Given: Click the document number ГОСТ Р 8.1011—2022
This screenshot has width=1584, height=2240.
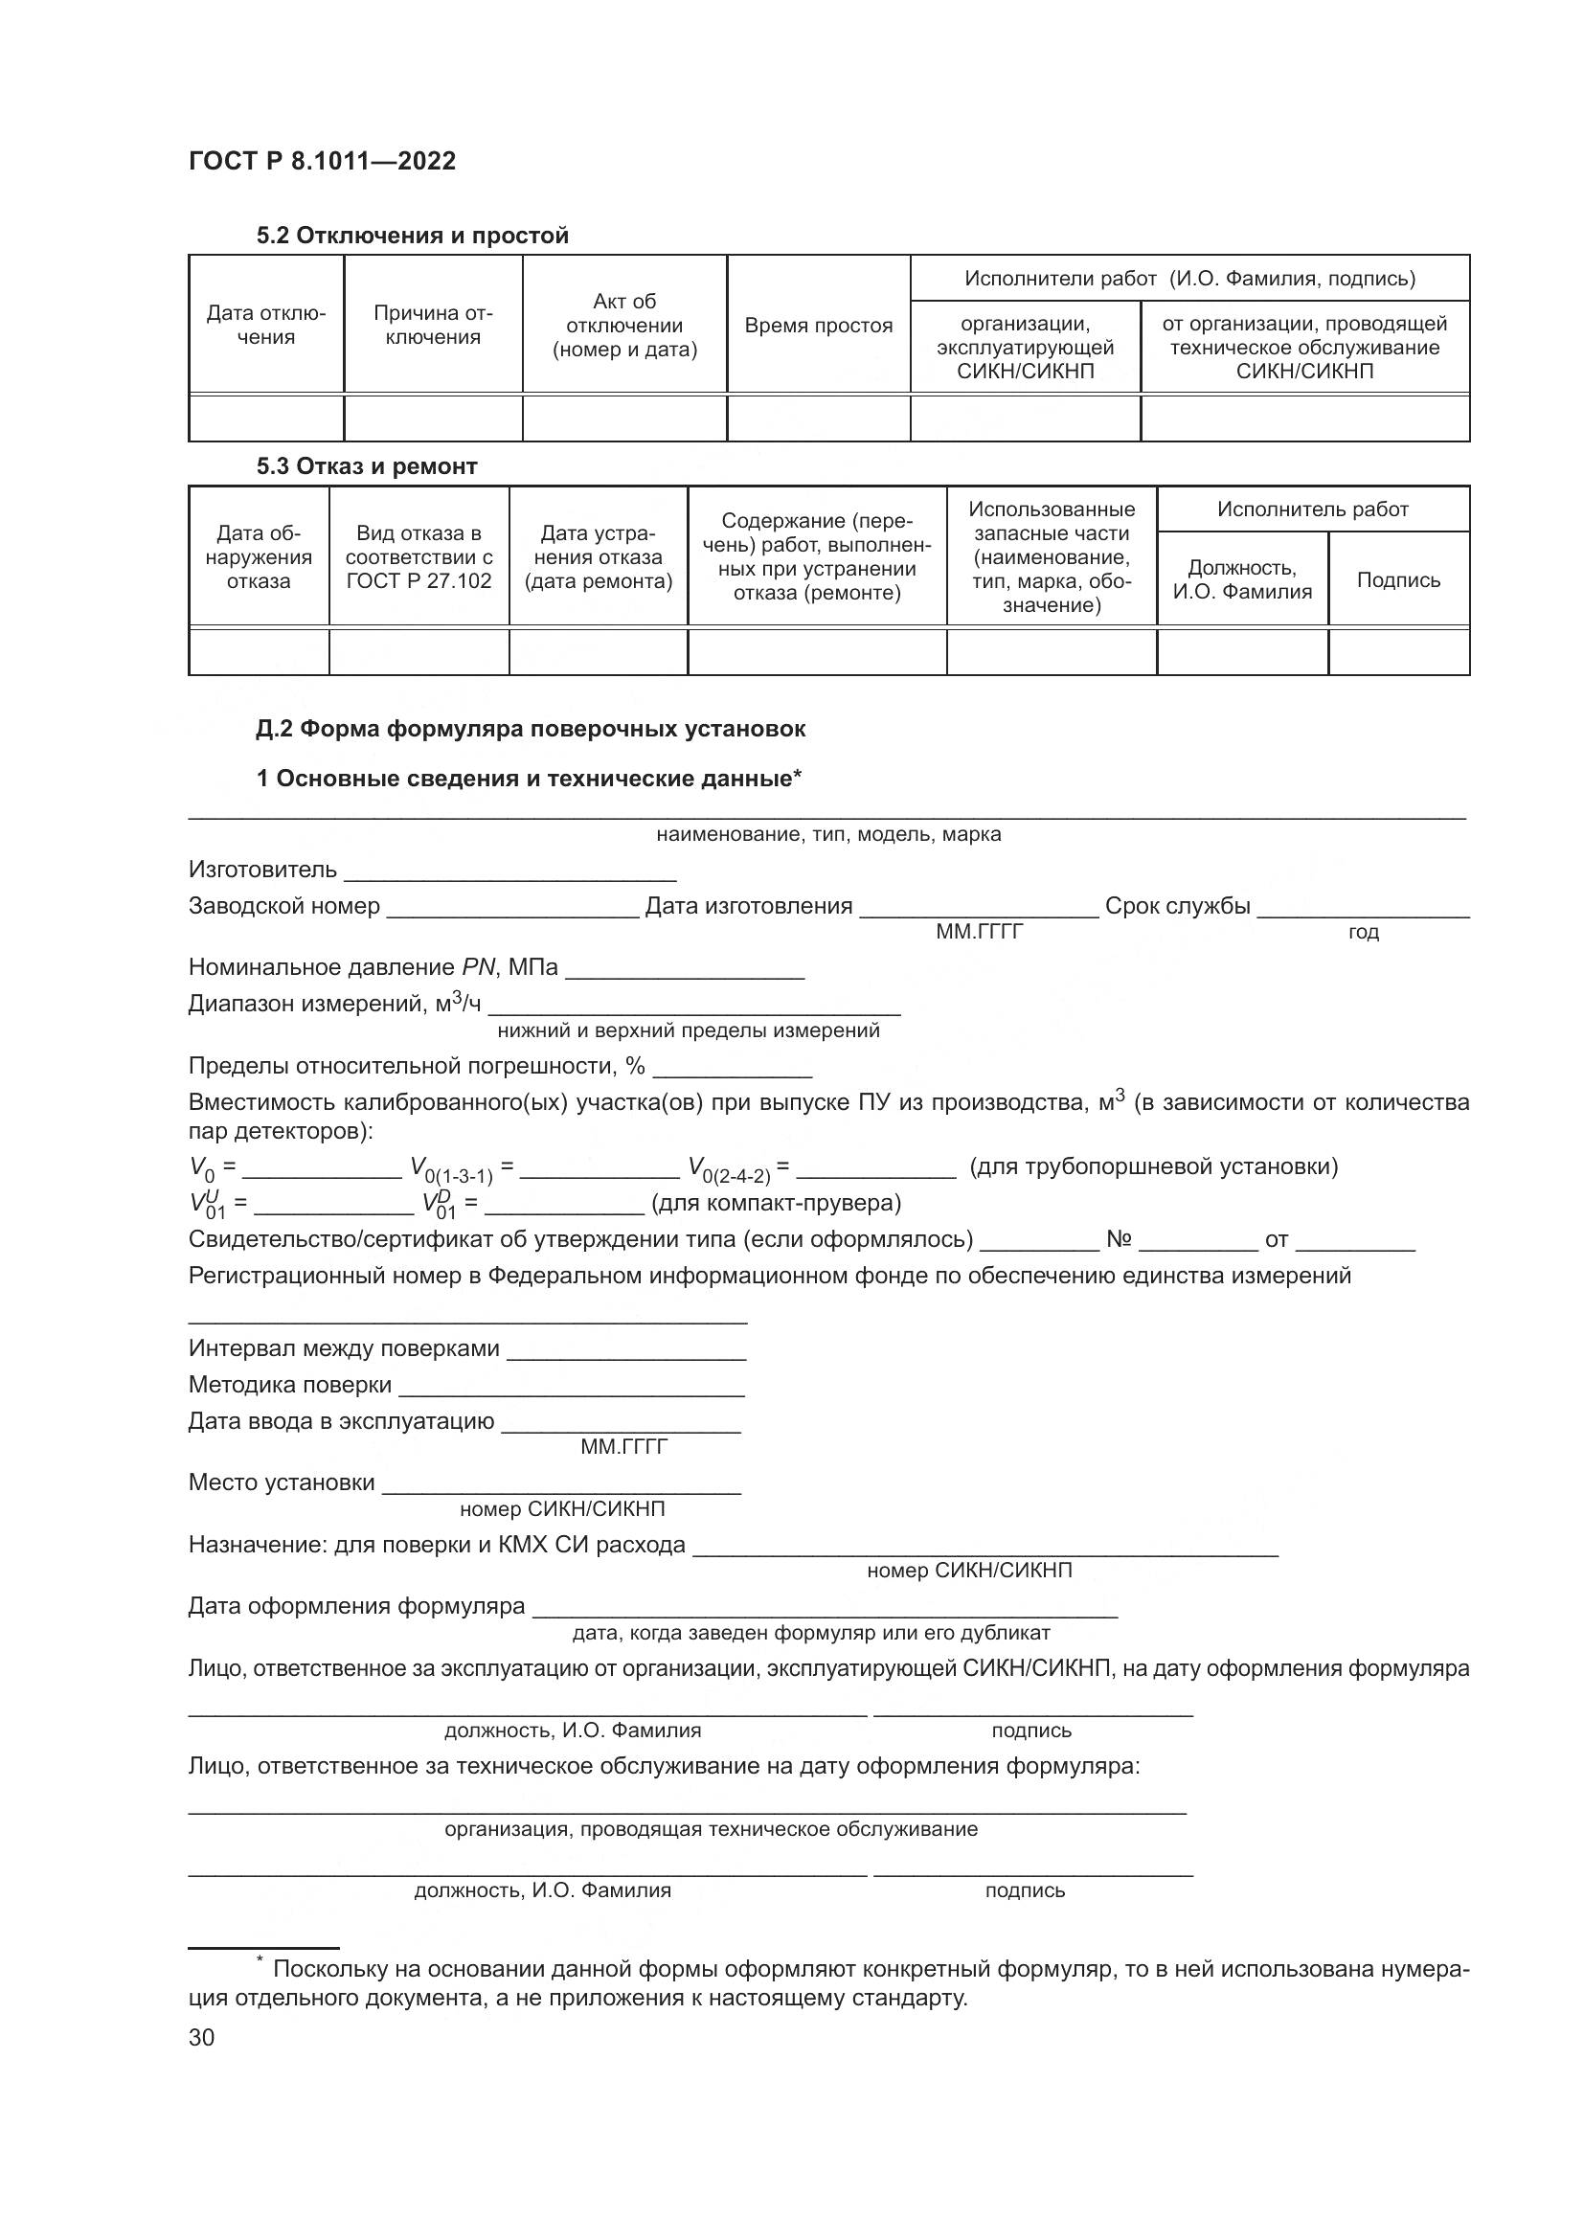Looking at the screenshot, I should point(322,161).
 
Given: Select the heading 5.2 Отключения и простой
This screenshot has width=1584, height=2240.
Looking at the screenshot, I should point(412,236).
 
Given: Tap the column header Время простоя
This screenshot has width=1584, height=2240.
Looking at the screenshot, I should point(818,326).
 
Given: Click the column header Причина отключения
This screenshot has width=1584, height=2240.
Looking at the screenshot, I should point(433,325).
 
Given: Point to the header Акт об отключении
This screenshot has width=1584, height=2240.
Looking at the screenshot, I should point(624,325).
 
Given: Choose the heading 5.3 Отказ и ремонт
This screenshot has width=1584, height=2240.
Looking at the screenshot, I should point(367,466).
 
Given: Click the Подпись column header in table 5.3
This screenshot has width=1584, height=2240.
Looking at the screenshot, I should point(1397,580).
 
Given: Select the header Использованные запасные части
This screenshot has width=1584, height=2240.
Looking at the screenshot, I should point(1052,556).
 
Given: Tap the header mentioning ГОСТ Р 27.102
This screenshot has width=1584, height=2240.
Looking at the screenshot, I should point(419,557).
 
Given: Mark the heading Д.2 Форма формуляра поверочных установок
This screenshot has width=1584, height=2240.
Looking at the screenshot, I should point(531,729).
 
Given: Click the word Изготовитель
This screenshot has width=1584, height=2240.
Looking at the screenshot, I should point(262,870).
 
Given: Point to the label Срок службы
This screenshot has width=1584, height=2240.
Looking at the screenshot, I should point(1177,906).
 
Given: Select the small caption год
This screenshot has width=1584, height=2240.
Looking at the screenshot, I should point(1363,933).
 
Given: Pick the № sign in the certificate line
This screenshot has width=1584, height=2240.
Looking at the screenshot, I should point(1119,1240).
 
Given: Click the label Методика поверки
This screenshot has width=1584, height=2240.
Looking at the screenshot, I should point(289,1386).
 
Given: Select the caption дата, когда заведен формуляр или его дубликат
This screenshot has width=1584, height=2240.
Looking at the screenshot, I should point(810,1633).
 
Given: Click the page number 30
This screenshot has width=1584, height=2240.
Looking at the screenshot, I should point(202,2038).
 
